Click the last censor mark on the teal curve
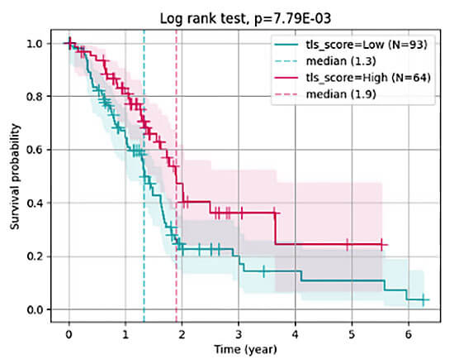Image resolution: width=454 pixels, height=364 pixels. pyautogui.click(x=423, y=299)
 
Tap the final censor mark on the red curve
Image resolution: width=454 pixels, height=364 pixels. pyautogui.click(x=382, y=244)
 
